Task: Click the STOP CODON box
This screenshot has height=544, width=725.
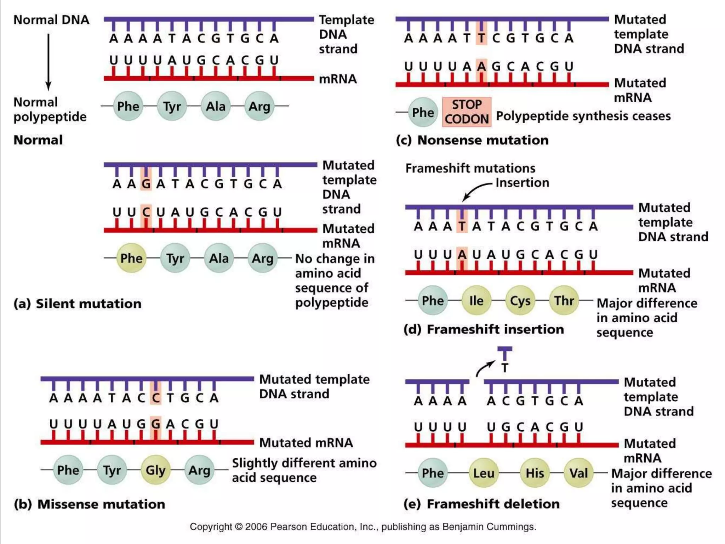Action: click(466, 112)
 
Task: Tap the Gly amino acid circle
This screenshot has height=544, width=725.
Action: click(155, 470)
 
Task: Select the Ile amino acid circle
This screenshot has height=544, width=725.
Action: click(476, 301)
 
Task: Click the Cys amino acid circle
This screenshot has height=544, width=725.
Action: click(520, 301)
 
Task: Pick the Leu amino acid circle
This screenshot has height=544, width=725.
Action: click(484, 473)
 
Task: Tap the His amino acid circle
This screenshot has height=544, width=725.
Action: click(535, 473)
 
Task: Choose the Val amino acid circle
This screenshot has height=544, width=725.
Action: click(578, 473)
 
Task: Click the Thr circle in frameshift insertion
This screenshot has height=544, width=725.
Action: click(564, 301)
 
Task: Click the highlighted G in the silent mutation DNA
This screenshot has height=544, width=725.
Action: click(146, 183)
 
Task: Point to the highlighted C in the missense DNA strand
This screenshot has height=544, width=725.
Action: click(155, 398)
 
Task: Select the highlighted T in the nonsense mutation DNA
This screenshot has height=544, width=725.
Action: click(481, 38)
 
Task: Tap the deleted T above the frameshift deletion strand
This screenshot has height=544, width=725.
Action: click(505, 368)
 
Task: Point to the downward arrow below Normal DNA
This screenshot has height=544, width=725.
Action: click(48, 62)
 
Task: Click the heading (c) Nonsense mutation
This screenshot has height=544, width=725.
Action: click(472, 140)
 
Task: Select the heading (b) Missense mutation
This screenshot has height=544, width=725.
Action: click(90, 504)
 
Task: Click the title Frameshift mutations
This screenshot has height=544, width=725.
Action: click(470, 168)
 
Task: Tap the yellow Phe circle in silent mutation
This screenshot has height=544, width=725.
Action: click(131, 258)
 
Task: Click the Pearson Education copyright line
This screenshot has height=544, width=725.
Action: click(363, 527)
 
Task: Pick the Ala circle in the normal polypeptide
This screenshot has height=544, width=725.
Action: click(216, 106)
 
